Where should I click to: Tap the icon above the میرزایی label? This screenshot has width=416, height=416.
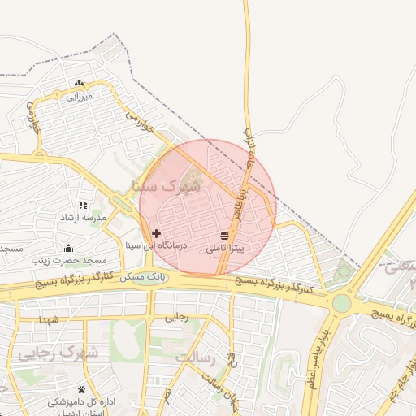click(79, 83)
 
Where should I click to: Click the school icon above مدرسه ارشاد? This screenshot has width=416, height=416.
click(81, 205)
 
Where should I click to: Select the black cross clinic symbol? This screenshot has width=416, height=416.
click(156, 233)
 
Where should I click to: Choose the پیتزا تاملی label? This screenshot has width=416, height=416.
click(225, 247)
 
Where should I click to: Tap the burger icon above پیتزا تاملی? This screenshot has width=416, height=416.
click(224, 235)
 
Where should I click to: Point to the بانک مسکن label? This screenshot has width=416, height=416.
click(144, 277)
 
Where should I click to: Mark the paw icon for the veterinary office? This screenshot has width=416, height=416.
click(81, 389)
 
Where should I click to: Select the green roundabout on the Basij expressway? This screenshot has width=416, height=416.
click(341, 303)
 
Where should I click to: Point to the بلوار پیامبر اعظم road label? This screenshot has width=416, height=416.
click(318, 357)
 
